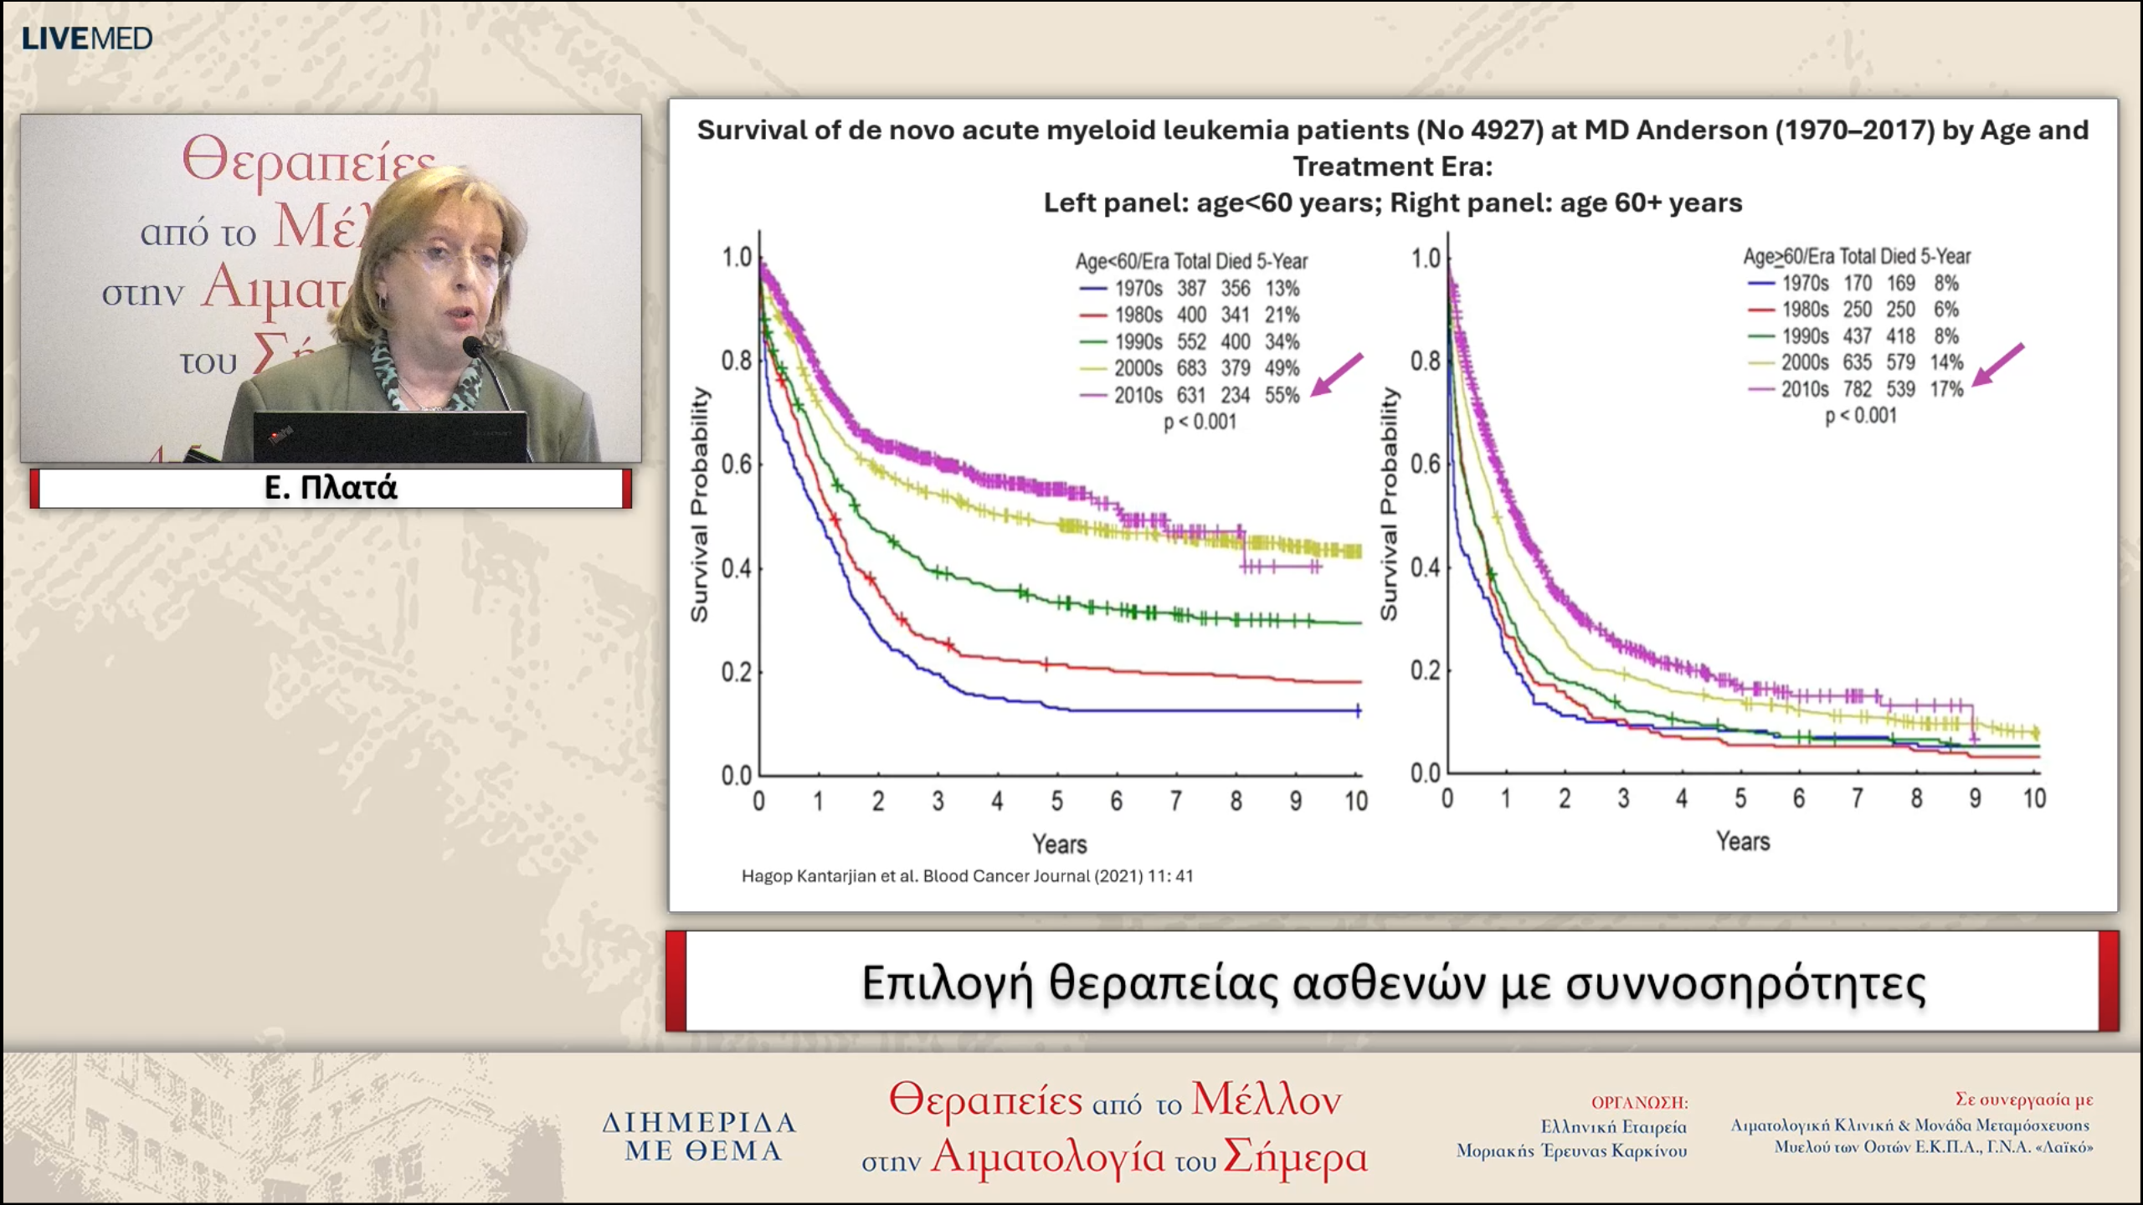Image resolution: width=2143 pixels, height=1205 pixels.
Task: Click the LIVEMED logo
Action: (x=87, y=38)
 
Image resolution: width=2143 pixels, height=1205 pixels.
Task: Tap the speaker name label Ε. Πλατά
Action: (x=331, y=488)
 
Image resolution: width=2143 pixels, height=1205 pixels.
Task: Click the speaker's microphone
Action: (x=473, y=346)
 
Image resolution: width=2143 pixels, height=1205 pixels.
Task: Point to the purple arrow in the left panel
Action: (x=1337, y=374)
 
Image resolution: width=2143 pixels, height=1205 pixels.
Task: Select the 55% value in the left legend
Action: (x=1282, y=395)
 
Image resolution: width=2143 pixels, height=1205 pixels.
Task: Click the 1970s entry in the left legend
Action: (x=1138, y=289)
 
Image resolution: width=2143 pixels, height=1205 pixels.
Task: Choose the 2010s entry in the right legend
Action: (x=1804, y=389)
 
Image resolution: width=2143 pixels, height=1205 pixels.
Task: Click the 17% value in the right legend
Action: (x=1946, y=389)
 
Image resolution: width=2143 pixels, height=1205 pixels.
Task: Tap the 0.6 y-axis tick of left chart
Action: (x=737, y=464)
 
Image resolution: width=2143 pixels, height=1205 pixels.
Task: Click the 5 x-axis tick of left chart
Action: (x=1057, y=802)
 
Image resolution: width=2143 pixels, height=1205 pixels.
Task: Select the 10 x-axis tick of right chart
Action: (x=2034, y=799)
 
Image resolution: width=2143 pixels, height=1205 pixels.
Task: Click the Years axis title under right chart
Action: (x=1743, y=841)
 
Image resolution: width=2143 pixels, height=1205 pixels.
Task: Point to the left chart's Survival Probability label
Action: (x=699, y=505)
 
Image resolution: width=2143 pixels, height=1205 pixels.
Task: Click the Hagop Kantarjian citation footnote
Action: (x=967, y=876)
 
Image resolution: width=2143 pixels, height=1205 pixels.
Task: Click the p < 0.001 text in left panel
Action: (x=1200, y=422)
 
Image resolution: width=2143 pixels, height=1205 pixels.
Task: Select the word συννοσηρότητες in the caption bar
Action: (x=1745, y=983)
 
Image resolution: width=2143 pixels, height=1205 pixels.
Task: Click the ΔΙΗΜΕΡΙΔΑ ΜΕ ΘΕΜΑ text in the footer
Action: (x=700, y=1136)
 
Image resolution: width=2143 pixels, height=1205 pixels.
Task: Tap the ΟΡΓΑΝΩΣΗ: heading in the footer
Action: (x=1639, y=1103)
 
